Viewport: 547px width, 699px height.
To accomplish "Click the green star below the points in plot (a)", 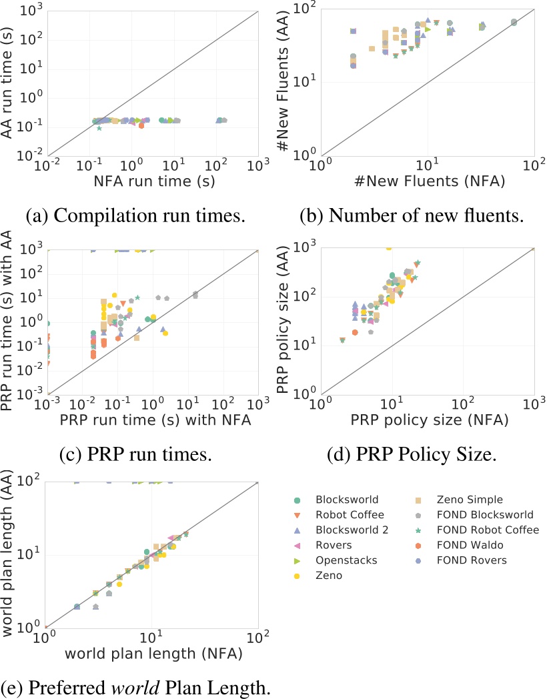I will pyautogui.click(x=99, y=127).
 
